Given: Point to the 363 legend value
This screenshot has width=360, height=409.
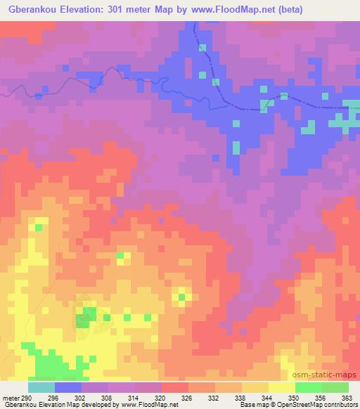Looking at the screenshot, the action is [347, 398].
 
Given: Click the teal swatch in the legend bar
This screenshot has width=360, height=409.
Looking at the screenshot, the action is [41, 387].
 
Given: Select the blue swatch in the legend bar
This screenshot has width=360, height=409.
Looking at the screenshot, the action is [68, 387].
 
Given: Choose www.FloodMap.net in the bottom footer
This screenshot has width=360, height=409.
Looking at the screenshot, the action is [149, 405].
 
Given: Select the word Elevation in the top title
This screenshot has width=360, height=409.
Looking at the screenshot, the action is [84, 9].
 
